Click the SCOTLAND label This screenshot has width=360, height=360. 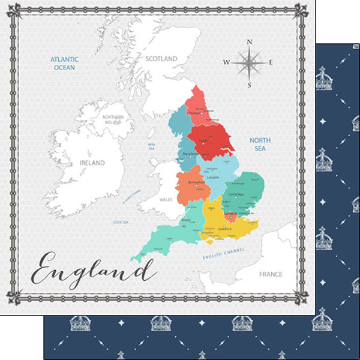pos(161,59)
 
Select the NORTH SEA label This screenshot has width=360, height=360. pos(260,144)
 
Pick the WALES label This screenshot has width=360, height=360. pos(166,199)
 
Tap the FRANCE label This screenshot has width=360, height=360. pos(271,274)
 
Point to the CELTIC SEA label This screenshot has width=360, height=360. pos(122,222)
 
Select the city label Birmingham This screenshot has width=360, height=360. pos(196,182)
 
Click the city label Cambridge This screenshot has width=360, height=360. pos(236,194)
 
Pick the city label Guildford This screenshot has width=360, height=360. pos(224,229)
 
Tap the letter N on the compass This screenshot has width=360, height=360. pos(250,41)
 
